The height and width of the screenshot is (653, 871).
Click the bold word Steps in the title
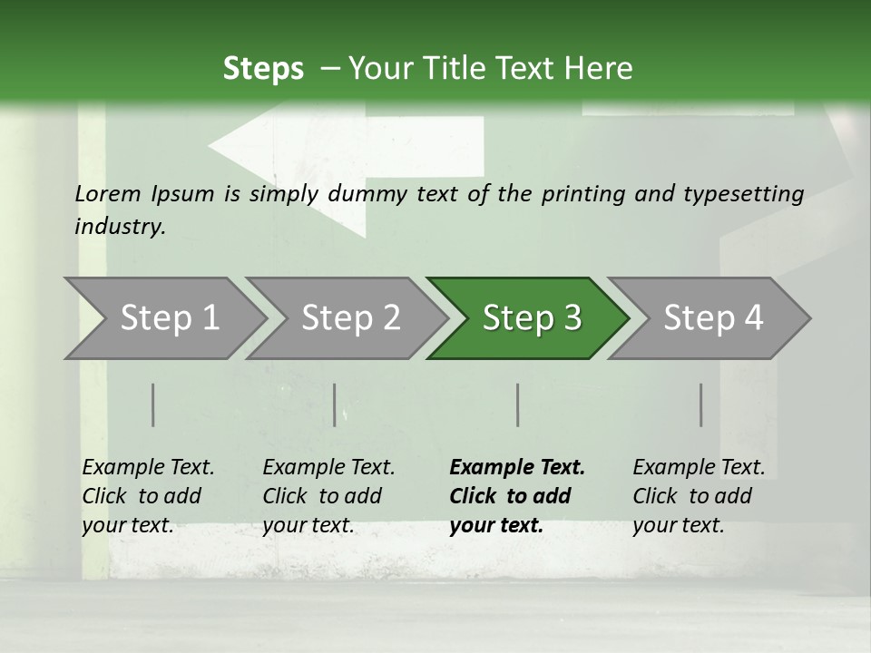point(263,69)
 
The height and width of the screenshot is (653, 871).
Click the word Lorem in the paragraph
point(107,193)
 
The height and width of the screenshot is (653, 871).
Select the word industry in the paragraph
point(119,227)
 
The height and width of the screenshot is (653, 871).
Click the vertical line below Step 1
point(153,404)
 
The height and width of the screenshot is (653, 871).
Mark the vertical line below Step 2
point(335,404)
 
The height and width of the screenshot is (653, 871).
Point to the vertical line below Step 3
point(517,404)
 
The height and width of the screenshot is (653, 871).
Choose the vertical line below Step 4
point(700,404)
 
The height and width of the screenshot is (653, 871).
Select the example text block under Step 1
point(148,496)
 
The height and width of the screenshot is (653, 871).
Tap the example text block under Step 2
point(328,496)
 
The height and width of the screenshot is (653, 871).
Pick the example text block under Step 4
point(699,496)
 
